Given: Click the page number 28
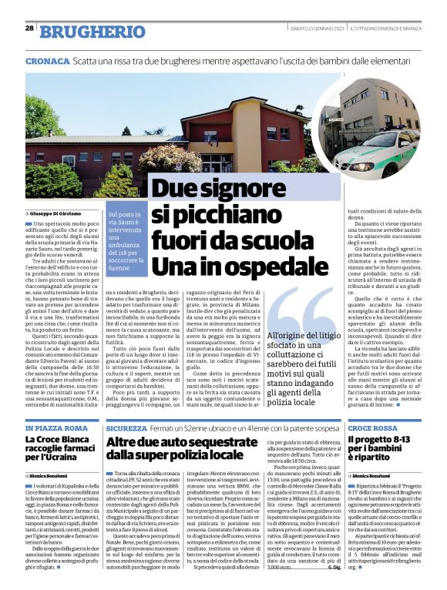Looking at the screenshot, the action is click(x=29, y=28).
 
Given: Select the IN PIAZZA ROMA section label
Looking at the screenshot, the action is click(x=52, y=427).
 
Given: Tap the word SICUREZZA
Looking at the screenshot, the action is click(x=126, y=427).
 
